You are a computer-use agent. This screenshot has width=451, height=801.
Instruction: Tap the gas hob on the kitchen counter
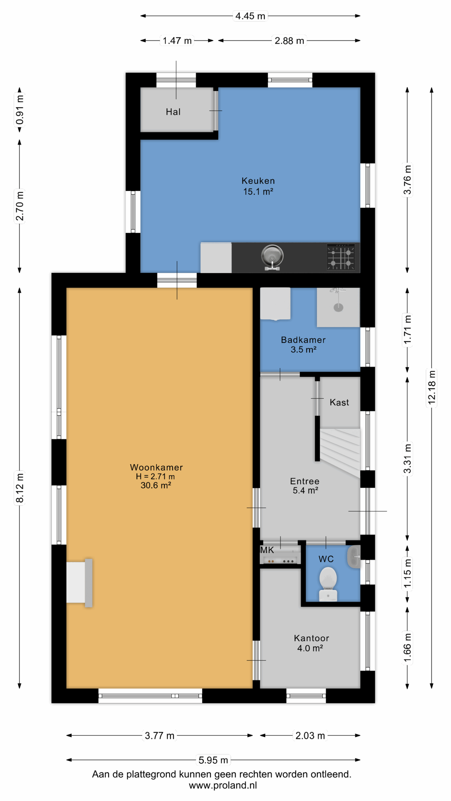[x=341, y=257]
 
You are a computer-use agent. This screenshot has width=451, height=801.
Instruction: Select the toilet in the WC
[x=328, y=584]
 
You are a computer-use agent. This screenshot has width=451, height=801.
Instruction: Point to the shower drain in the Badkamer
[x=338, y=307]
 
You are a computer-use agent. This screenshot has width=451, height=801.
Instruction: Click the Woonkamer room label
[x=156, y=467]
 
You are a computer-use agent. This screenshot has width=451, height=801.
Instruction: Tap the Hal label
[x=173, y=112]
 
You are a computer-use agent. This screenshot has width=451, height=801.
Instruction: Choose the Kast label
[x=339, y=402]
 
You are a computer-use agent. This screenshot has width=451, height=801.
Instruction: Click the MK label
[x=267, y=550]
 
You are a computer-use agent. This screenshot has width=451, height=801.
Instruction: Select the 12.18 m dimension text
[x=432, y=387]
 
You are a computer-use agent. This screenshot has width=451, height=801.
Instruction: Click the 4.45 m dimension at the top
[x=250, y=16]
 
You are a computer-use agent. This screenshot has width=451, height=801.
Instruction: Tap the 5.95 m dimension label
[x=213, y=760]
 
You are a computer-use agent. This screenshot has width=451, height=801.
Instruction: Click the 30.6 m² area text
[x=156, y=485]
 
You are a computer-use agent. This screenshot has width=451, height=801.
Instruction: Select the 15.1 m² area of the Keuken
[x=258, y=191]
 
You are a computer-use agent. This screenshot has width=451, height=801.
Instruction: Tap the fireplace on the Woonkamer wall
[x=80, y=583]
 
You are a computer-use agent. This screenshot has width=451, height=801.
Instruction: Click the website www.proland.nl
[x=223, y=785]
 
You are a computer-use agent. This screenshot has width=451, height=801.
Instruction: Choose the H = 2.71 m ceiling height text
[x=155, y=476]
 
